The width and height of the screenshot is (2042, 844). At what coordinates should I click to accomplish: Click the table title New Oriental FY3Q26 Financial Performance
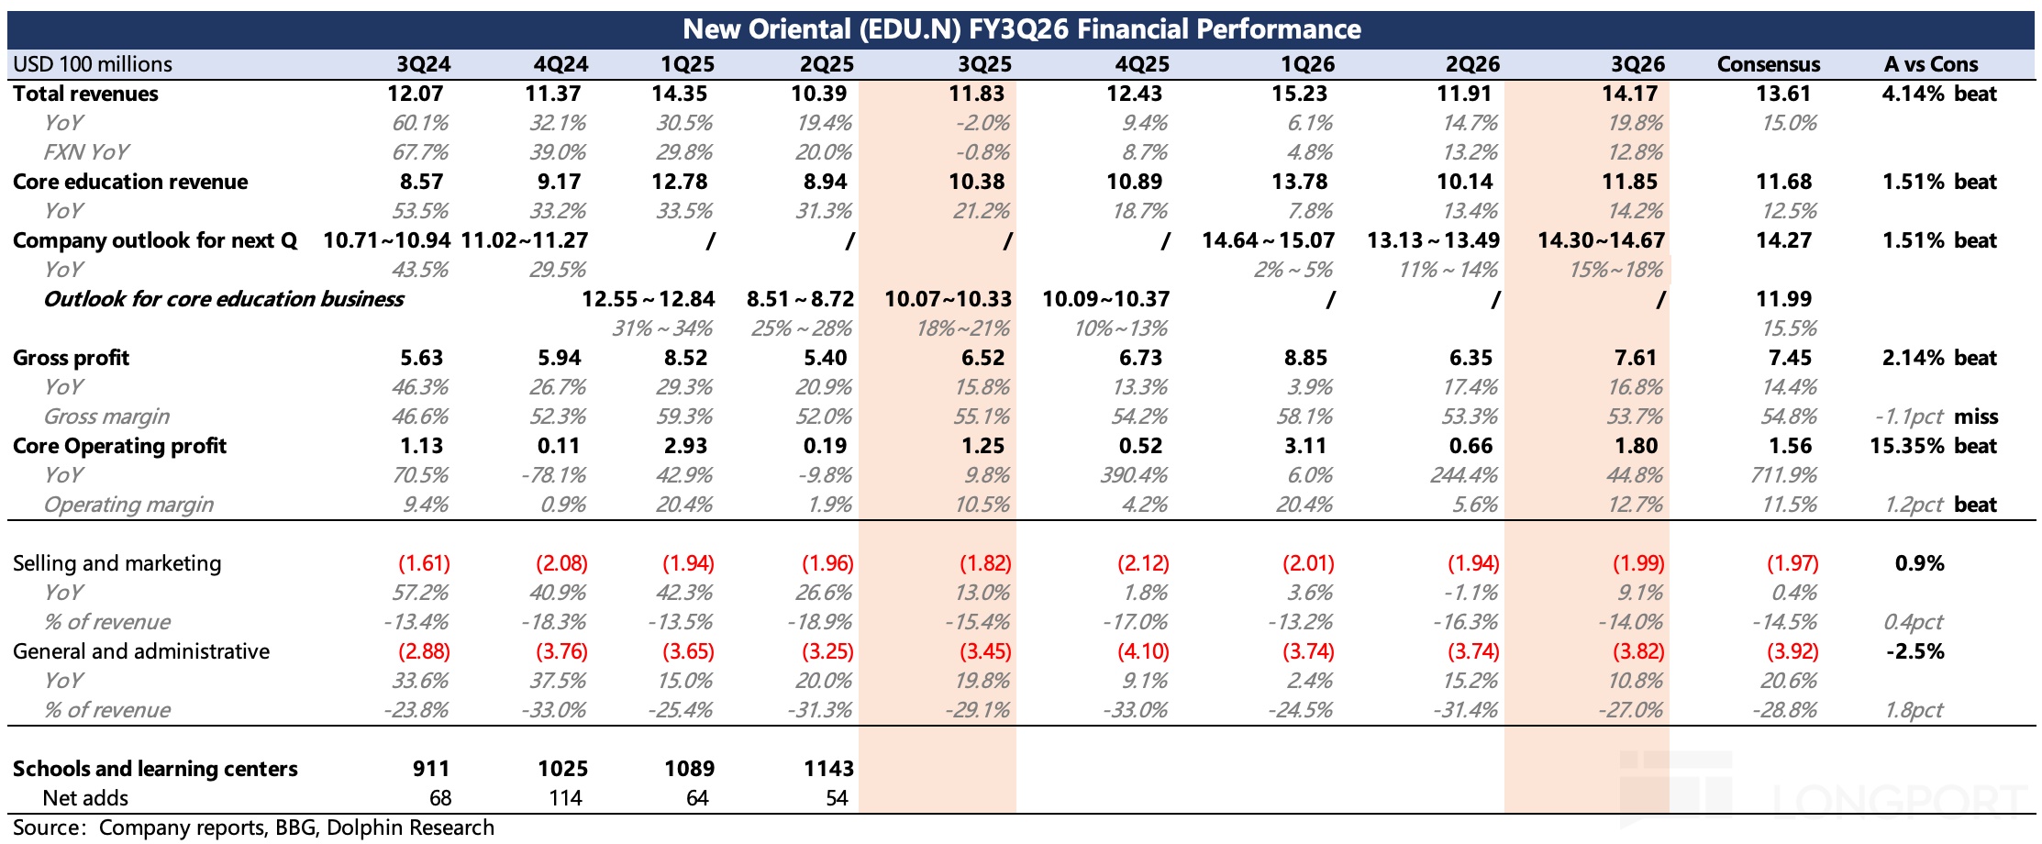pos(1021,29)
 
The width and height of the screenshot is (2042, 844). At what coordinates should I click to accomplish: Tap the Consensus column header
pos(1768,64)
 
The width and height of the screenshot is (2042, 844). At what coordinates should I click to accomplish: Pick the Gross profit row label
pos(71,358)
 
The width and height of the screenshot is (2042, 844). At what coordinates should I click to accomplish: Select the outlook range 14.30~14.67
pos(1601,240)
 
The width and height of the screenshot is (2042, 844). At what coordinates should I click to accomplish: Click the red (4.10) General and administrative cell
pos(1143,651)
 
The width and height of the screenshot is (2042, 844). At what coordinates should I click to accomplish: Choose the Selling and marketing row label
pos(117,563)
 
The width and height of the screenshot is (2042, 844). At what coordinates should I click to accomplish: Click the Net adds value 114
pos(565,798)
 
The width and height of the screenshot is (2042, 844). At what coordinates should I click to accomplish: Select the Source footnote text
pos(253,827)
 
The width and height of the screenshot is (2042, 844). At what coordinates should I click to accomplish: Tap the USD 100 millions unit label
pos(92,64)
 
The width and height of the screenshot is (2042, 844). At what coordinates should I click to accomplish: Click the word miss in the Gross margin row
pos(1976,416)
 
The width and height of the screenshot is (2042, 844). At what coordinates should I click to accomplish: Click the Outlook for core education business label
pos(223,299)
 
